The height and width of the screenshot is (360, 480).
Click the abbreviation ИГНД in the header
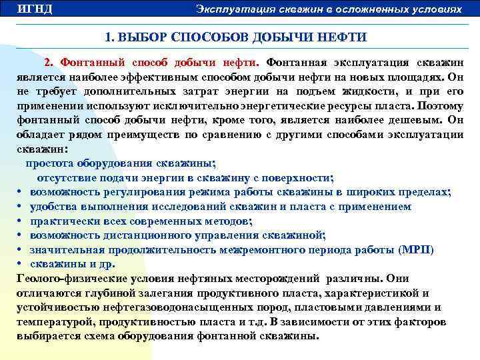(x=35, y=9)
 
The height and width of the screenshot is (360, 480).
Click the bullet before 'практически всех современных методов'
(x=21, y=221)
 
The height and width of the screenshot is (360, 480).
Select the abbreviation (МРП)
(x=415, y=250)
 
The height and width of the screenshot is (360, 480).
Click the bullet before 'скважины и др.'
(x=21, y=264)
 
